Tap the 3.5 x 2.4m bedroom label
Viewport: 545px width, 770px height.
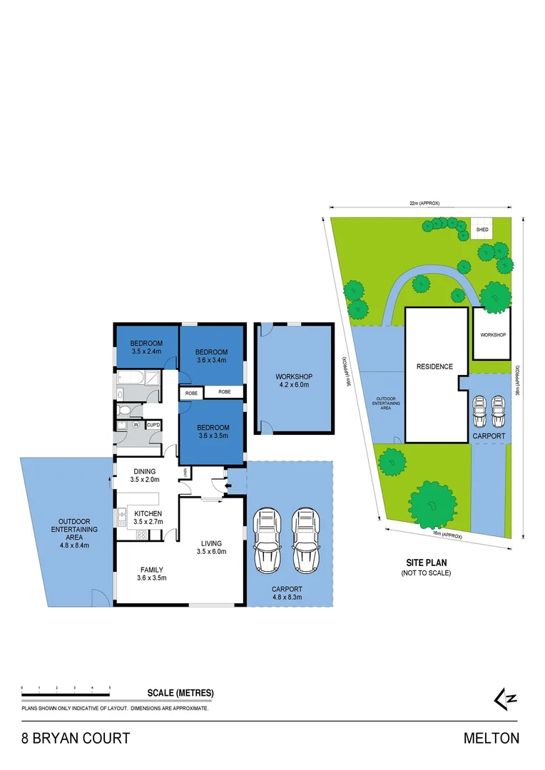(146, 346)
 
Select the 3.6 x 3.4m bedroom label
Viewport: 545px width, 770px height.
(211, 356)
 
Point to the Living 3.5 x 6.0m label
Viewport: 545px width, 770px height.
(211, 547)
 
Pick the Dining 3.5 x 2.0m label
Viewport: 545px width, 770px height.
(144, 476)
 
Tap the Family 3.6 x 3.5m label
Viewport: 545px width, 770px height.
(151, 573)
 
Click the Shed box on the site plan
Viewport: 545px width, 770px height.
(483, 229)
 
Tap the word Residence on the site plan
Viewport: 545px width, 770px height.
(434, 366)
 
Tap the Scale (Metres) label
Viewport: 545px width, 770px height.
(180, 692)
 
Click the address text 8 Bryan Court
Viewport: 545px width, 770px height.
(75, 738)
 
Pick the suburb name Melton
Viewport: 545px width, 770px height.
(491, 738)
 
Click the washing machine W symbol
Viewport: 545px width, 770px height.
(133, 425)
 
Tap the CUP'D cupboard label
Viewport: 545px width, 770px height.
(153, 425)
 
